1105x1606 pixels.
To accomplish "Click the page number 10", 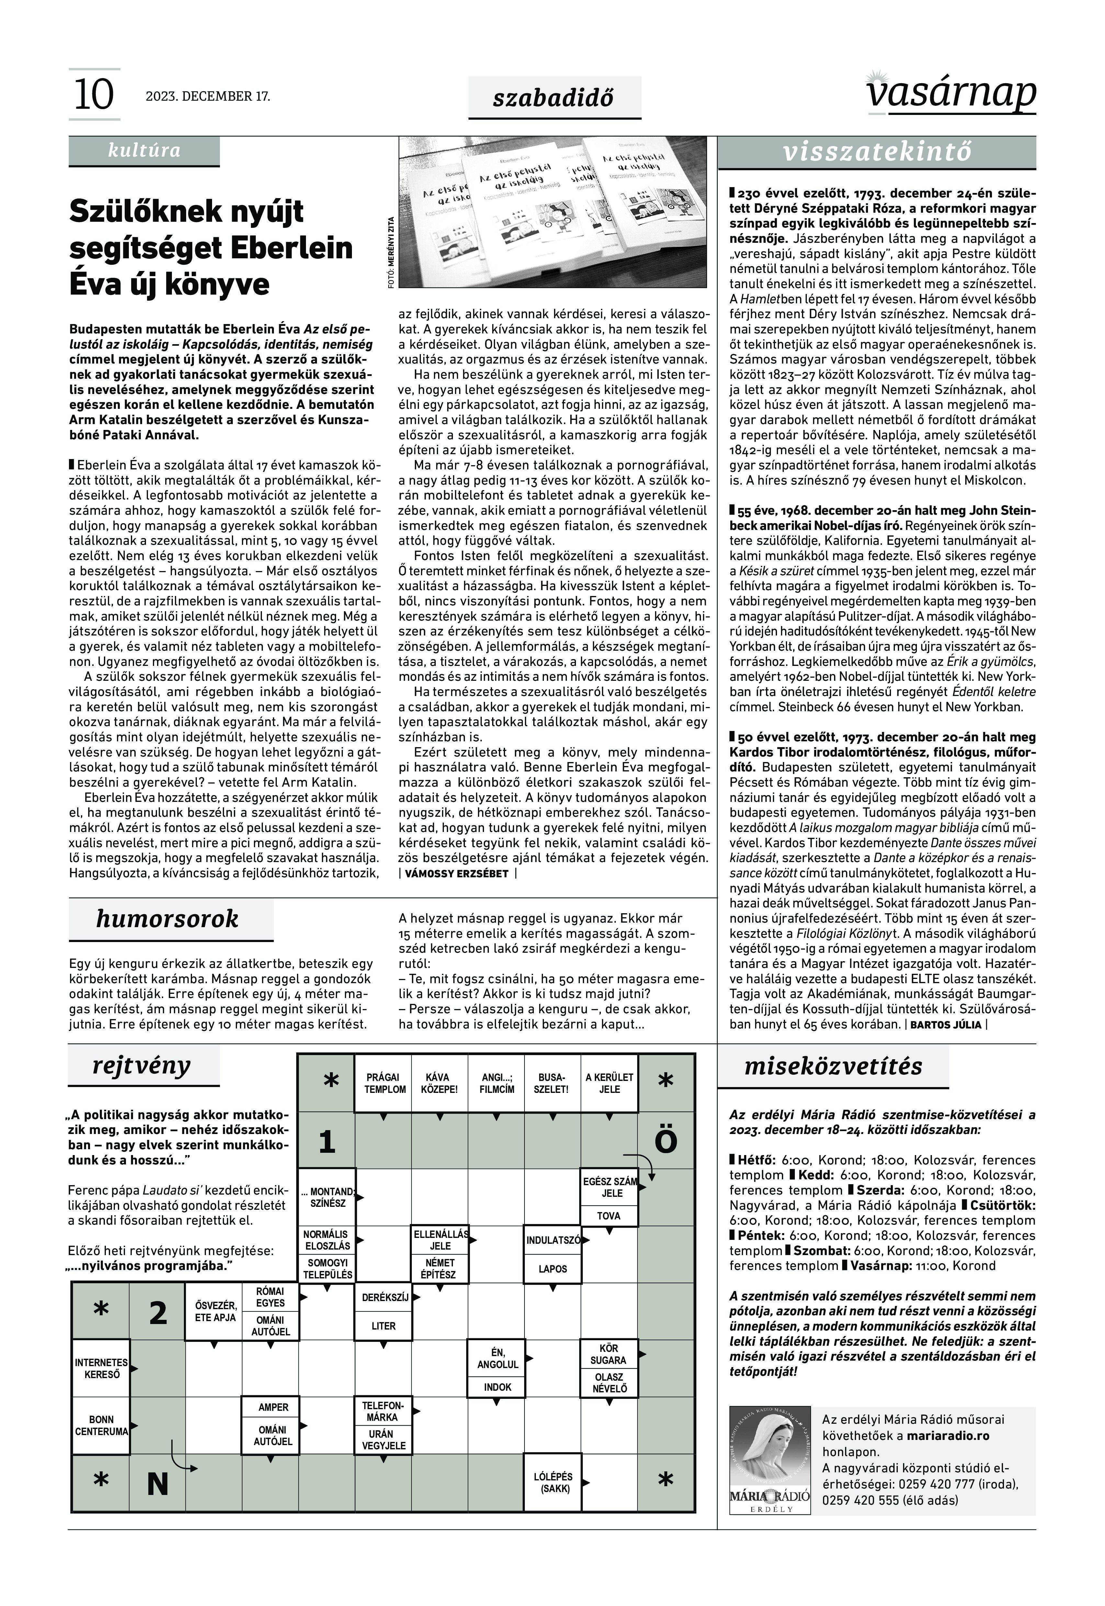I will point(94,95).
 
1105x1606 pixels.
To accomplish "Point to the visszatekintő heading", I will point(877,152).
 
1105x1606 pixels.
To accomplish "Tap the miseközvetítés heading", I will point(833,1066).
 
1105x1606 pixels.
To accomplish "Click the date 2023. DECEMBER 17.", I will point(208,96).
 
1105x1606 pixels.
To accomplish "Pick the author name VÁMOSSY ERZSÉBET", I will point(456,874).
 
